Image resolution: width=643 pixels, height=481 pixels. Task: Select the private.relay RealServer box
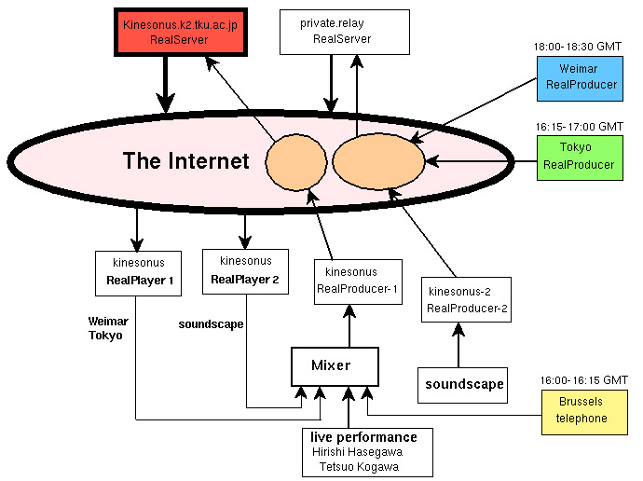point(344,31)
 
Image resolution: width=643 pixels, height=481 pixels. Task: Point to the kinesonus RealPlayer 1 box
point(137,271)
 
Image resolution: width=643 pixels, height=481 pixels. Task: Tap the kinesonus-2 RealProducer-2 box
point(467,299)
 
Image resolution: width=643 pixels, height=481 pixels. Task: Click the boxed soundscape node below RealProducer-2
point(464,384)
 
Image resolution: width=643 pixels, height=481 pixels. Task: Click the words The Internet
point(186,161)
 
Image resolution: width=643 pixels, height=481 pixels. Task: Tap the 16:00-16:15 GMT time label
point(583,380)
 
